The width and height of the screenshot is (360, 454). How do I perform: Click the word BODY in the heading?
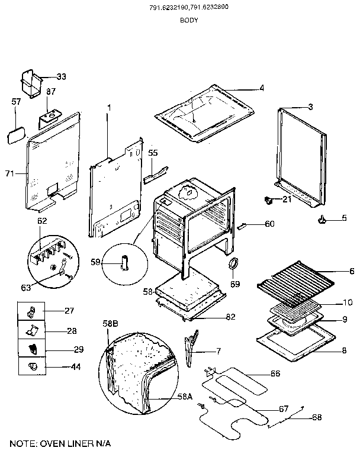(188, 20)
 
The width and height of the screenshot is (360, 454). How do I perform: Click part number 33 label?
(62, 77)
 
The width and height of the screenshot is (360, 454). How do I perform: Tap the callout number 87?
(51, 92)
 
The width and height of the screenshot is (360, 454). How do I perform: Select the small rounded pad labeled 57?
(15, 134)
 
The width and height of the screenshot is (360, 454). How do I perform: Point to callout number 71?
(9, 173)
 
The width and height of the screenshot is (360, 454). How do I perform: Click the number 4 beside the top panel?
(261, 88)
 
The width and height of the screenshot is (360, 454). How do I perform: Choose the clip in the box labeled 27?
(33, 310)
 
